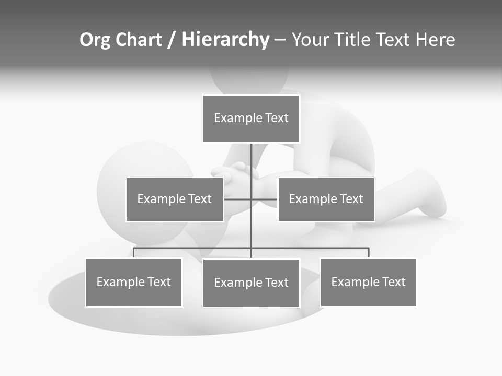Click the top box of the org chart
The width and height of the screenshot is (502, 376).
point(251,119)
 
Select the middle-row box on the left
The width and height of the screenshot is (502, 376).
point(175,199)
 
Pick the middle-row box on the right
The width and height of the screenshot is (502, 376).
point(326,199)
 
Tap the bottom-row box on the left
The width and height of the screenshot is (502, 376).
point(134,283)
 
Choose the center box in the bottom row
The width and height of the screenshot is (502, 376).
point(251,283)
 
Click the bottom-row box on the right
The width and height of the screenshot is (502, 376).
point(369,283)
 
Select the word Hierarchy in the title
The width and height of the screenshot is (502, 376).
point(225,40)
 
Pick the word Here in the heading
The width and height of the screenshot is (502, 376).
point(435,40)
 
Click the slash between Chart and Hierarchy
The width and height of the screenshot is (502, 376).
point(172,40)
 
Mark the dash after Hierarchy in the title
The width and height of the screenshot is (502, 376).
point(280,40)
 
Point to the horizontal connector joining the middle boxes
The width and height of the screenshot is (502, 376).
point(238,199)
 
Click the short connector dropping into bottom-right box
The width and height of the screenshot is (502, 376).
point(369,253)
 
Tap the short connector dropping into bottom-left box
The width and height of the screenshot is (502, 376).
point(134,253)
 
